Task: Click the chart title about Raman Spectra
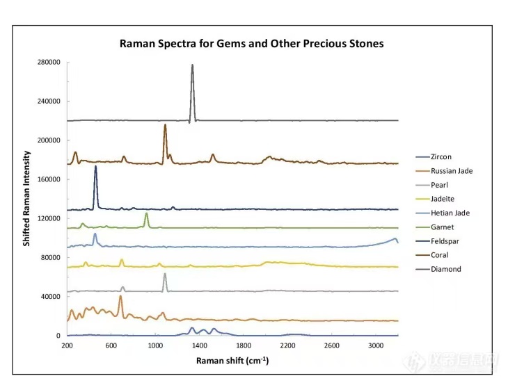[x=251, y=44]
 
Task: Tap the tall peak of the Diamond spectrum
[x=193, y=66]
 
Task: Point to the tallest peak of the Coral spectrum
[x=165, y=126]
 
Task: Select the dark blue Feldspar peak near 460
[x=95, y=168]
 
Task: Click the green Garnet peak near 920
[x=146, y=215]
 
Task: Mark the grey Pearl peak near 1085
[x=165, y=275]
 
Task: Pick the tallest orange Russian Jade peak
[x=120, y=297]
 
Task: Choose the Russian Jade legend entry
[x=451, y=171]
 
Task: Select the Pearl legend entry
[x=438, y=185]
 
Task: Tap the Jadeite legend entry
[x=442, y=199]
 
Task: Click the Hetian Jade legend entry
[x=449, y=213]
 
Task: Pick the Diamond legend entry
[x=445, y=269]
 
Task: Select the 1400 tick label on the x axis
[x=200, y=345]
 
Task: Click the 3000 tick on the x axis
[x=376, y=345]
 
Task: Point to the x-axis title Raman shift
[x=232, y=361]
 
